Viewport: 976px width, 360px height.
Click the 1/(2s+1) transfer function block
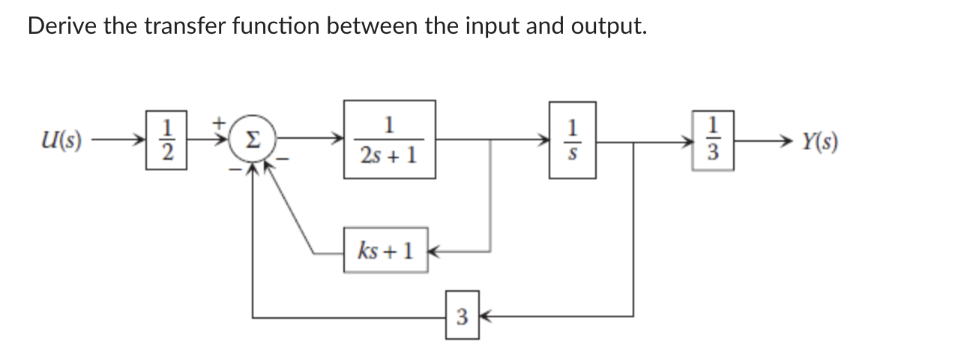coord(389,139)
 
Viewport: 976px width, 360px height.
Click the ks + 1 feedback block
coord(385,250)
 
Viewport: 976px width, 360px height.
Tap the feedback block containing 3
coord(462,318)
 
